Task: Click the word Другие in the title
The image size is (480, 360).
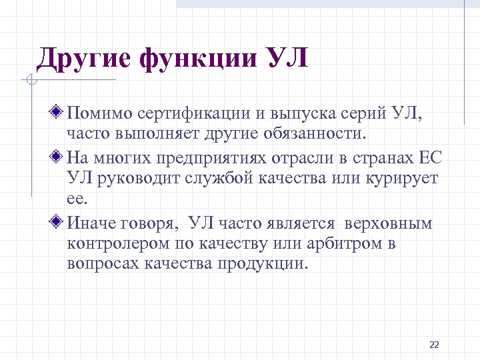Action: click(x=83, y=59)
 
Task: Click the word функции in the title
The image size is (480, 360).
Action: click(x=197, y=59)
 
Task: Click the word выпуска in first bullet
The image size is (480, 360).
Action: click(x=284, y=113)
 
